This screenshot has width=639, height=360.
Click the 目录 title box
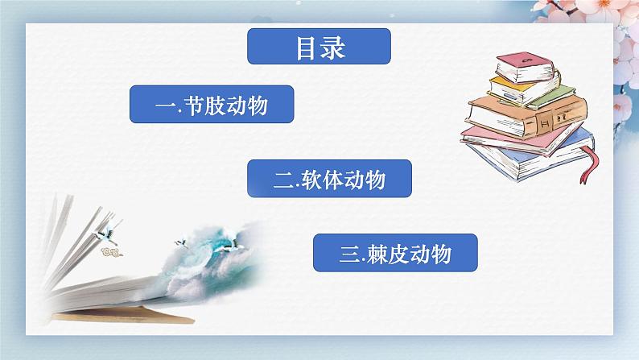click(x=319, y=47)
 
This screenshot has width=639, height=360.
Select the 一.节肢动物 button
click(x=211, y=106)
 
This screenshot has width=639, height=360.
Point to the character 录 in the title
click(x=332, y=47)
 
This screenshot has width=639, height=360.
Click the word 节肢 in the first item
click(x=205, y=106)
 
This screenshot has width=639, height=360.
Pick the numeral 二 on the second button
click(x=282, y=181)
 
